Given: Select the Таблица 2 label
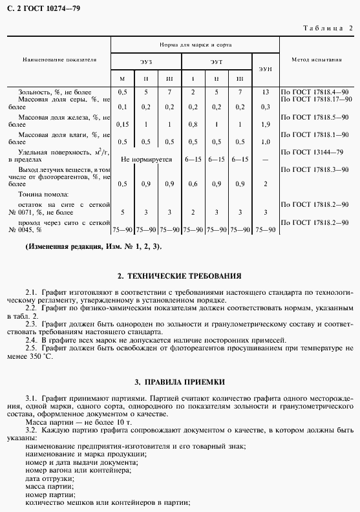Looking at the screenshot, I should click(x=328, y=28).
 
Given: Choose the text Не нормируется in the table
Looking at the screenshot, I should click(x=146, y=158).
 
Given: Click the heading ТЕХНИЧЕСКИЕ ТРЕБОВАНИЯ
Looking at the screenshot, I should click(x=180, y=275).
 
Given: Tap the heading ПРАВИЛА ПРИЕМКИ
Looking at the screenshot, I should click(x=180, y=382).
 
